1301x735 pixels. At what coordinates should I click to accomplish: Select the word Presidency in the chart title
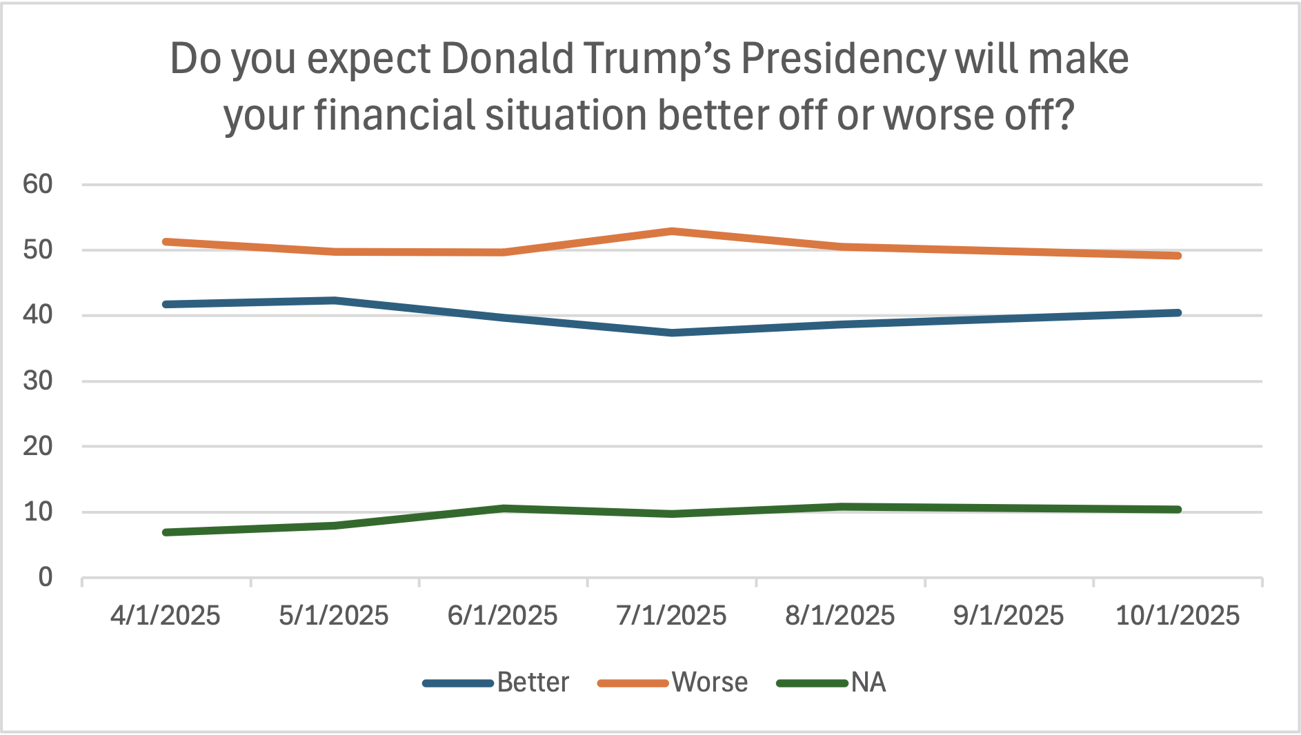pyautogui.click(x=843, y=60)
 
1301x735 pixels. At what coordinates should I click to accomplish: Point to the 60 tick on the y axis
pyautogui.click(x=38, y=184)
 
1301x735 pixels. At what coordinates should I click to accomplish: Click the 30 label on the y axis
pyautogui.click(x=38, y=381)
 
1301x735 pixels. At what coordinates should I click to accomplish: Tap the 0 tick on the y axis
pyautogui.click(x=46, y=577)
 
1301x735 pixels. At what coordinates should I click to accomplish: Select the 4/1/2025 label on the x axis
pyautogui.click(x=166, y=616)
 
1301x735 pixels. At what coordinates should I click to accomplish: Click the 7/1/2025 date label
pyautogui.click(x=671, y=616)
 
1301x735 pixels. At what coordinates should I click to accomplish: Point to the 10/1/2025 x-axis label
pyautogui.click(x=1178, y=616)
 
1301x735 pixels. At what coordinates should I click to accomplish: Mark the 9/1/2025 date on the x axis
pyautogui.click(x=1009, y=616)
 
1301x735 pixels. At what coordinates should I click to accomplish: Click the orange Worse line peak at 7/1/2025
pyautogui.click(x=672, y=231)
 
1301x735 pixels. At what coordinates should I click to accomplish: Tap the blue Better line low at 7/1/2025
pyautogui.click(x=672, y=333)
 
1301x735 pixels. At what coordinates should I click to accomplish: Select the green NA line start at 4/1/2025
pyautogui.click(x=166, y=532)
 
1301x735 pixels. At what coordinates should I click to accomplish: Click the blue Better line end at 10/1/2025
pyautogui.click(x=1178, y=313)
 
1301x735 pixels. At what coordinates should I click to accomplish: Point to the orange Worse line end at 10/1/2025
pyautogui.click(x=1178, y=256)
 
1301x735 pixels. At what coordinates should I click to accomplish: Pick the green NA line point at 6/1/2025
pyautogui.click(x=504, y=509)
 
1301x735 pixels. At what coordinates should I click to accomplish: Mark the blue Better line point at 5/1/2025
pyautogui.click(x=335, y=301)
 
